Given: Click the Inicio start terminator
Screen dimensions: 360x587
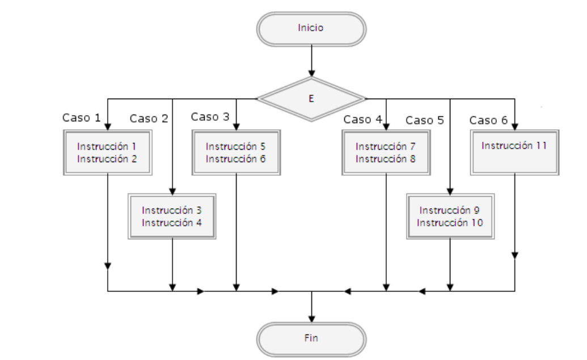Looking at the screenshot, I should click(x=311, y=28).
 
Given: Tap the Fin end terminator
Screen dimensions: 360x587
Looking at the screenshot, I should click(x=311, y=338).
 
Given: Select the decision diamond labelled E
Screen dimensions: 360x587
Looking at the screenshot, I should click(x=311, y=99).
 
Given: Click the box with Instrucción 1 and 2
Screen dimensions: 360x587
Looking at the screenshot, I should click(x=107, y=152).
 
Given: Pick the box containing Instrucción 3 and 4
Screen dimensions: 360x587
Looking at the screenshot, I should click(x=172, y=216).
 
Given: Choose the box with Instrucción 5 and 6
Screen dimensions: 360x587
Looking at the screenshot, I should click(x=236, y=152).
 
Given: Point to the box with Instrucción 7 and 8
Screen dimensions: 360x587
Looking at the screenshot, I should click(x=386, y=152).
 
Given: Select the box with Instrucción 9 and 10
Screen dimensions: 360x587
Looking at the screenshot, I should click(x=450, y=216).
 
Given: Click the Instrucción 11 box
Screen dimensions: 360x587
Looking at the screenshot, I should click(x=514, y=151).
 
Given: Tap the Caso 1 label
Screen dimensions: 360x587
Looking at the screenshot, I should click(x=81, y=118).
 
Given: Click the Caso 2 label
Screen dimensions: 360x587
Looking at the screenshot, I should click(x=149, y=118).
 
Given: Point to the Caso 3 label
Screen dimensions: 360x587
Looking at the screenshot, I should click(x=210, y=117).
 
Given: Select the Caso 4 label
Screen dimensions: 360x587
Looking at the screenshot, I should click(x=362, y=120).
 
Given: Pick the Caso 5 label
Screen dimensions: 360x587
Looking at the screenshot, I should click(x=424, y=120).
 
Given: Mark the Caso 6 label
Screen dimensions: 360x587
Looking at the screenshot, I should click(x=488, y=120).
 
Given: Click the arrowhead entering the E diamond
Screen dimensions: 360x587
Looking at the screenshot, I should click(x=311, y=73).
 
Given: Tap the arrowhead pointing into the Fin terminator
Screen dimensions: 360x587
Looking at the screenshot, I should click(x=311, y=317).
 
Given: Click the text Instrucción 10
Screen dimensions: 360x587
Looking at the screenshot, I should click(x=450, y=223).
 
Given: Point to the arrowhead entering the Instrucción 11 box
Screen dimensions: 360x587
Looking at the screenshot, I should click(x=514, y=125).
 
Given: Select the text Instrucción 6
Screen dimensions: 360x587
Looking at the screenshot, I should click(x=236, y=159).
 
